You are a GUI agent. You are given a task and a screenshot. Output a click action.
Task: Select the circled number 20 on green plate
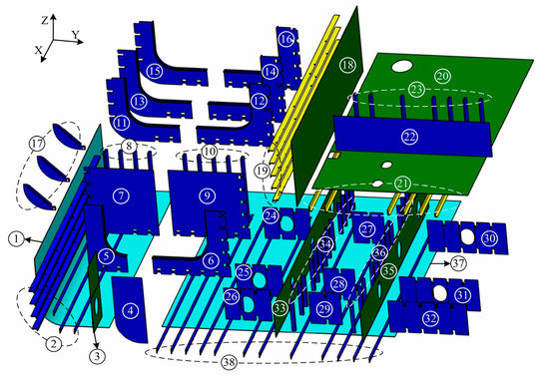point(442,76)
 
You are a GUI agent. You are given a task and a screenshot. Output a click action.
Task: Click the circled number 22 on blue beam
point(409,137)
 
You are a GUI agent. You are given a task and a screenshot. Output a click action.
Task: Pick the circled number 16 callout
point(286,40)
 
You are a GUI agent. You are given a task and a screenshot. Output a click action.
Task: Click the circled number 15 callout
point(154,71)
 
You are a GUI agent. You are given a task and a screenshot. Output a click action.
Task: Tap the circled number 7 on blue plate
point(120,193)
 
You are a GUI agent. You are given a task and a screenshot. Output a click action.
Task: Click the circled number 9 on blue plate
point(208,193)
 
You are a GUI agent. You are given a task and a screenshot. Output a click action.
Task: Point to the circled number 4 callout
point(130,310)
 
